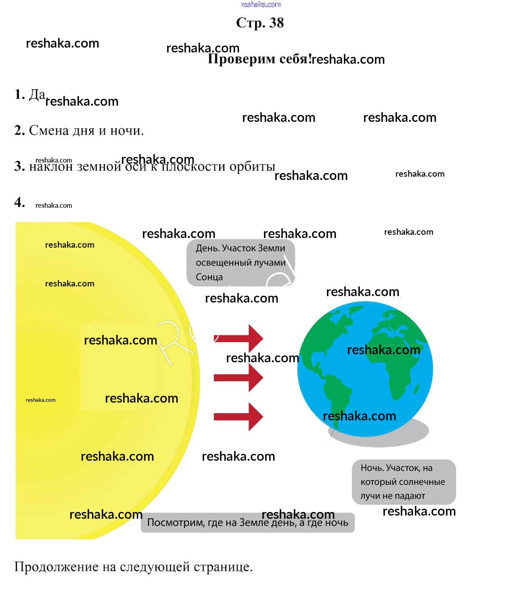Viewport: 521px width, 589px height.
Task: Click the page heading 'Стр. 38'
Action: click(260, 23)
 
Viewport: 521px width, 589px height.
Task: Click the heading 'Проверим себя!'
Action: click(259, 59)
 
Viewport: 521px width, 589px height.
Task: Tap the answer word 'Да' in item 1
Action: click(37, 94)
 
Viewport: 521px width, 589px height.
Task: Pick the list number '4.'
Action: click(20, 202)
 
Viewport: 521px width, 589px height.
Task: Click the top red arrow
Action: click(239, 338)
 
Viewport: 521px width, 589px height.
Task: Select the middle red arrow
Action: click(239, 378)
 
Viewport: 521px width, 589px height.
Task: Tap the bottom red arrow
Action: click(239, 416)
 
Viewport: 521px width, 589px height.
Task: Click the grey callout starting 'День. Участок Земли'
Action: click(241, 263)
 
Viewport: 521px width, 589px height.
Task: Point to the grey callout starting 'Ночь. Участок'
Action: click(404, 482)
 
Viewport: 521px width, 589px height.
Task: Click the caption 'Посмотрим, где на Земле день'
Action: click(247, 522)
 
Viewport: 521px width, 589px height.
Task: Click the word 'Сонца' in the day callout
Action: click(209, 277)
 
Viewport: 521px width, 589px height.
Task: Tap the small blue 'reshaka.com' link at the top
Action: click(261, 4)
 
